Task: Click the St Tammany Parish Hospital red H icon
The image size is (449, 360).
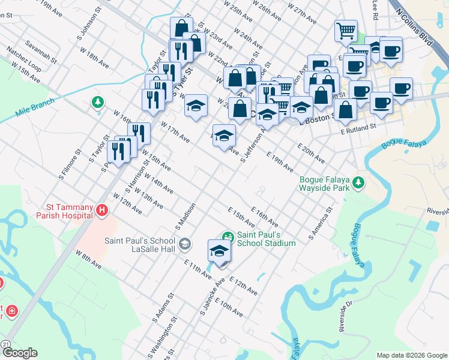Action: coord(102,211)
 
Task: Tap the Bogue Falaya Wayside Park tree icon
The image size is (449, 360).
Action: coord(358,182)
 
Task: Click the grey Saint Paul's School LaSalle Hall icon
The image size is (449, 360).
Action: coord(185,244)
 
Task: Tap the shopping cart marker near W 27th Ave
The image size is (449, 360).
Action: coord(345,29)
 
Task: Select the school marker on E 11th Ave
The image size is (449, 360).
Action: coord(219,250)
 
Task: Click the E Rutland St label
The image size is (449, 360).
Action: coord(358,127)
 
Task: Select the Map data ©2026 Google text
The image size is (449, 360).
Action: coord(412,355)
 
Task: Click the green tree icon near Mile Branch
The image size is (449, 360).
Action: coord(97,103)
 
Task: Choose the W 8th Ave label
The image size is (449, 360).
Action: coord(89,259)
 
